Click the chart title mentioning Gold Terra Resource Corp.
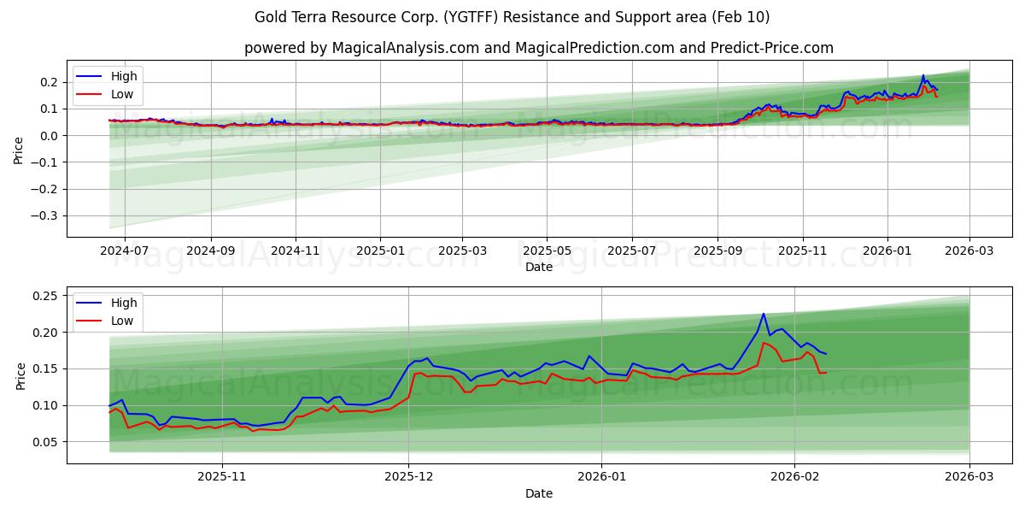tap(512, 17)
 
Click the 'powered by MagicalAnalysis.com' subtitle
tap(538, 48)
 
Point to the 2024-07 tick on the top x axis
tap(125, 251)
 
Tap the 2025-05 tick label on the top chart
tap(547, 251)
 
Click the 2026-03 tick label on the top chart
tap(969, 251)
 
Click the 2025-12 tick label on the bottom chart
tap(408, 477)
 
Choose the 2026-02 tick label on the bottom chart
tap(794, 477)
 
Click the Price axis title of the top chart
tap(19, 149)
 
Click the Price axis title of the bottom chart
tap(19, 375)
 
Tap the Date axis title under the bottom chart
tap(538, 493)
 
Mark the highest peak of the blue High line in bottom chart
tap(764, 314)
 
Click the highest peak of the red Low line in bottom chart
tap(764, 343)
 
